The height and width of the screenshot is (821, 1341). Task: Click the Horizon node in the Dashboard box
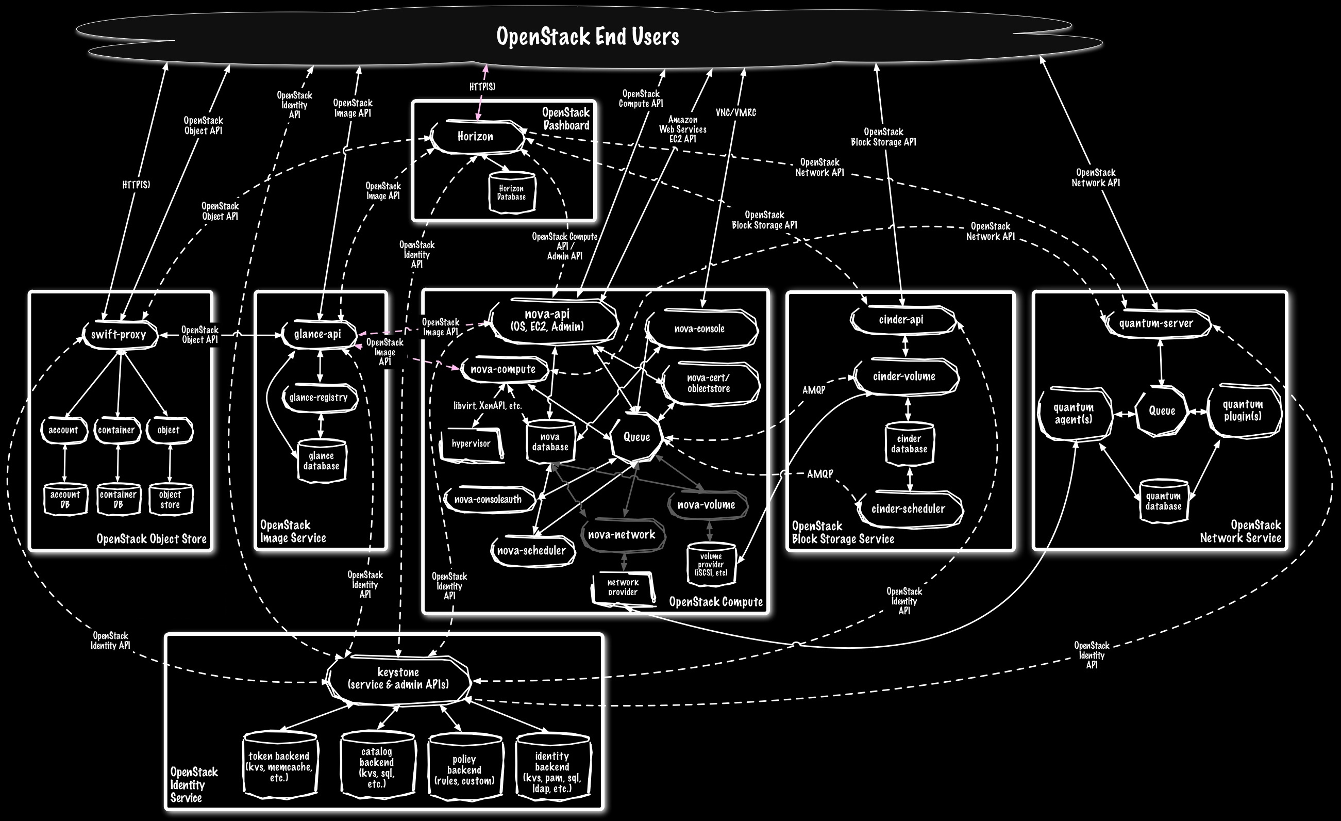click(x=476, y=137)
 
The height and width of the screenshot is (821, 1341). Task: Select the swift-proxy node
click(x=119, y=334)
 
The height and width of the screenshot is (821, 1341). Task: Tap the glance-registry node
click(x=319, y=398)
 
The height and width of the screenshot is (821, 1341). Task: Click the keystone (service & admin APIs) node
click(x=398, y=679)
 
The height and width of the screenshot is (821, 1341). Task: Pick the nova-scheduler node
click(x=532, y=550)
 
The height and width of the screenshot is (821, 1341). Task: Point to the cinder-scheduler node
click(x=908, y=509)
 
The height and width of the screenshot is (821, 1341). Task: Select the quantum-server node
click(x=1156, y=323)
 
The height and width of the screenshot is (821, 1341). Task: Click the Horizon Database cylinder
click(x=512, y=193)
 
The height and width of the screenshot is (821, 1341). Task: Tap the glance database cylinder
click(x=321, y=461)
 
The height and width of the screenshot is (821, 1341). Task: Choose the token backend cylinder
click(x=279, y=765)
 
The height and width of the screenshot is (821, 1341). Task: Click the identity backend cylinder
click(x=552, y=771)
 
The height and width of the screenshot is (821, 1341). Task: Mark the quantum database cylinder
click(x=1163, y=501)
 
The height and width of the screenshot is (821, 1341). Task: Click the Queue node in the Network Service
click(x=1162, y=411)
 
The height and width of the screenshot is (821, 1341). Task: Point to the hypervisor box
click(x=472, y=444)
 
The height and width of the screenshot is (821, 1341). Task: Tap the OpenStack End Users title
click(x=588, y=37)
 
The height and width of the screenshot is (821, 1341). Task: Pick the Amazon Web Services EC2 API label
click(x=682, y=129)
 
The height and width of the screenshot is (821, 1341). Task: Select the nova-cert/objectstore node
click(x=709, y=383)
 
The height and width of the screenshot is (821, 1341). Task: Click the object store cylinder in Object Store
click(x=170, y=499)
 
